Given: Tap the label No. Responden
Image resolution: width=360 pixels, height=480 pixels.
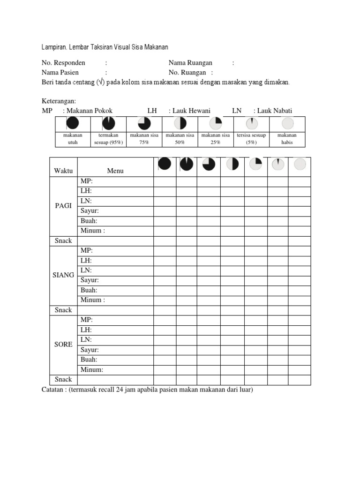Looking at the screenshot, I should (x=63, y=63).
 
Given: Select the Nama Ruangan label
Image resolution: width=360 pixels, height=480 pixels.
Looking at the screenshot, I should (x=190, y=63).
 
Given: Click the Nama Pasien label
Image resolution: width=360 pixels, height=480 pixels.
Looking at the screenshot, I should (x=60, y=73).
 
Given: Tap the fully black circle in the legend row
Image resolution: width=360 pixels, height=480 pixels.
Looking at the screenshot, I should (x=73, y=123).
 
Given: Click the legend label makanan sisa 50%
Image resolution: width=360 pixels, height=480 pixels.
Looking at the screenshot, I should (x=180, y=139).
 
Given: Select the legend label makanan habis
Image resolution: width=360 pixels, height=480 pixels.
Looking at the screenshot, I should (x=287, y=139).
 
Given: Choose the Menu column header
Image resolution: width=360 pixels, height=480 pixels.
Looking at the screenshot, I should (x=115, y=171).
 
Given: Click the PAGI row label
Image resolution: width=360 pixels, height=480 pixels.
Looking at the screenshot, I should (x=63, y=206).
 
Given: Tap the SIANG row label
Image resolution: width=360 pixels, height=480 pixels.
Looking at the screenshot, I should (x=63, y=275).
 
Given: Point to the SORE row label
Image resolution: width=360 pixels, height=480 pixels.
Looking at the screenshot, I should (x=63, y=345).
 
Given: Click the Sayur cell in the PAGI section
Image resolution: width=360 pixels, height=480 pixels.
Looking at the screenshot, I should (x=90, y=211).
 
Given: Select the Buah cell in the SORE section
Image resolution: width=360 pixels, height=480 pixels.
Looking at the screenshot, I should (x=89, y=360).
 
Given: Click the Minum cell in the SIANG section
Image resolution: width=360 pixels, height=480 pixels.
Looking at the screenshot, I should (x=92, y=300).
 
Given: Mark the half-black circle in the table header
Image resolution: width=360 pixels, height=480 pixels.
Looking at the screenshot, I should (x=232, y=164).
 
